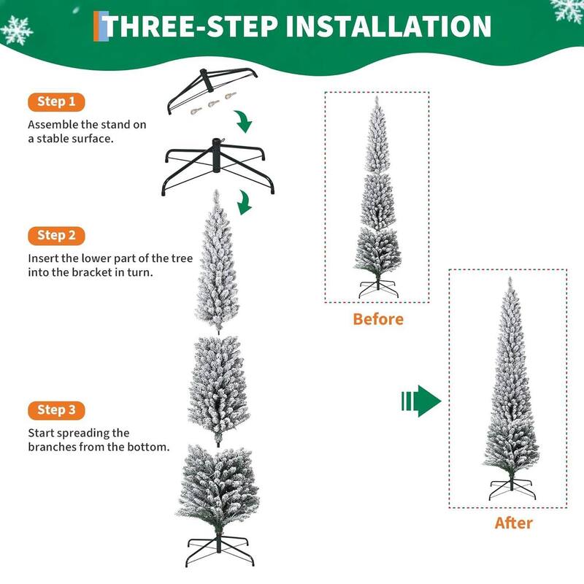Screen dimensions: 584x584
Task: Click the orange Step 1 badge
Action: click(56, 101)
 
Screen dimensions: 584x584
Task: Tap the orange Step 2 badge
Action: click(56, 235)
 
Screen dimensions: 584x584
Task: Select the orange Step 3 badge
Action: click(56, 410)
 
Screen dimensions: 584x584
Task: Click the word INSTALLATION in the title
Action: click(388, 26)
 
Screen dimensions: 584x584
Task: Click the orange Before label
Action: click(377, 319)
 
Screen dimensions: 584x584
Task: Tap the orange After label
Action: click(513, 523)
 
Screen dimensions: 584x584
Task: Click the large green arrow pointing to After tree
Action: click(422, 401)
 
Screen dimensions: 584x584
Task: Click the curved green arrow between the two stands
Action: click(244, 120)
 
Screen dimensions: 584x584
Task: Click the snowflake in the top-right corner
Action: click(567, 9)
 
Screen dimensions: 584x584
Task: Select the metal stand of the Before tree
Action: click(377, 285)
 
